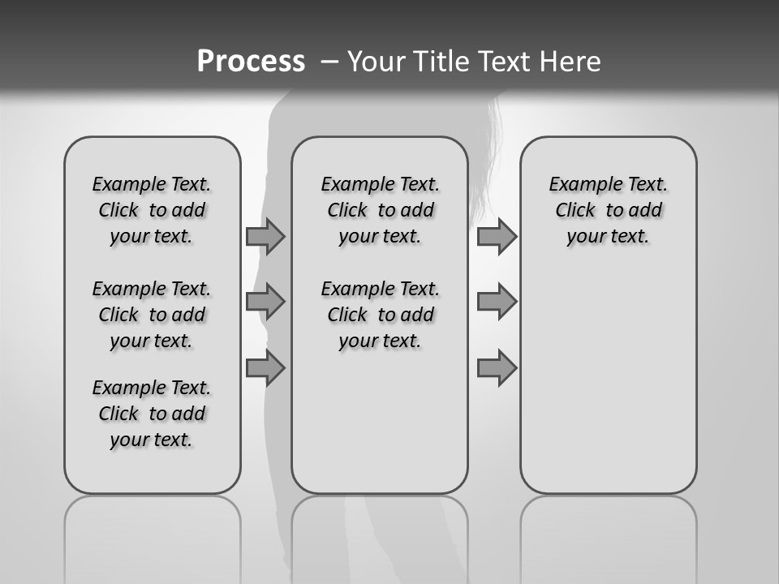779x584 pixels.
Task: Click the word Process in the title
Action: (251, 62)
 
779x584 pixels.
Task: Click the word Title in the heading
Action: (439, 62)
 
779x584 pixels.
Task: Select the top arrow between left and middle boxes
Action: (265, 236)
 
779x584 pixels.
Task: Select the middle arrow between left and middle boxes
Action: (265, 302)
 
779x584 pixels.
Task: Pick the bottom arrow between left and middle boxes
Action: (265, 368)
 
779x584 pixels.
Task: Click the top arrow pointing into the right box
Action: (497, 236)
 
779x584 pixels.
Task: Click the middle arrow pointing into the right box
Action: (497, 302)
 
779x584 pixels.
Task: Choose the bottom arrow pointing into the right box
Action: (497, 368)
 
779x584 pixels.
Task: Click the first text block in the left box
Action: (152, 210)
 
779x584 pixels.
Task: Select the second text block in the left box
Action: (152, 315)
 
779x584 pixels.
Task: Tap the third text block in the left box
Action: (152, 414)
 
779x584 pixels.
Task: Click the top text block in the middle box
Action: (380, 210)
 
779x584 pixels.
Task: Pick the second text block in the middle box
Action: (380, 315)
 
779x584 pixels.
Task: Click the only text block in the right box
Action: (608, 210)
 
